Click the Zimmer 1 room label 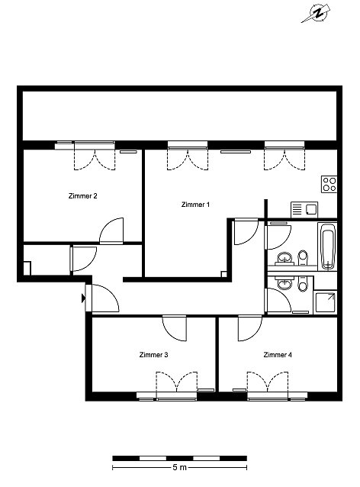tap(195, 205)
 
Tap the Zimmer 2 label tap(82, 196)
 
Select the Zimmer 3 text tap(153, 355)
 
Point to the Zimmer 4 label tap(278, 355)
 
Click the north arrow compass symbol tap(316, 14)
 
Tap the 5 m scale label tap(180, 467)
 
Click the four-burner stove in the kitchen tap(329, 184)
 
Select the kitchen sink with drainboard tap(304, 210)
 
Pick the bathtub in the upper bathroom tap(327, 246)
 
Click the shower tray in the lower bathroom tap(325, 302)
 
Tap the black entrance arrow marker tap(83, 298)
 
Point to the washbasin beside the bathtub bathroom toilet tap(285, 259)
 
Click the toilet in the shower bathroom tap(303, 283)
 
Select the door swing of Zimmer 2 tap(111, 231)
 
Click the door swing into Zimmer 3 tap(175, 328)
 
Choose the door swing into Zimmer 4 tap(250, 328)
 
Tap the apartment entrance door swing tap(105, 298)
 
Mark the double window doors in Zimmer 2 tap(95, 160)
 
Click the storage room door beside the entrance tap(84, 259)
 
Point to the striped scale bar tap(180, 458)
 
